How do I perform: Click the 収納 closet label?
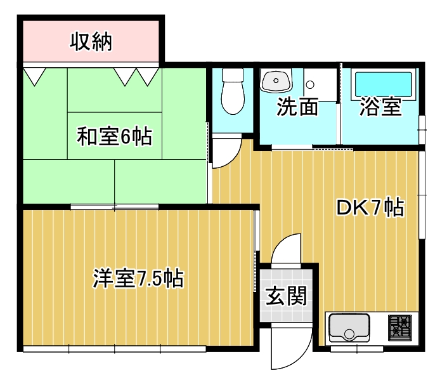(91, 42)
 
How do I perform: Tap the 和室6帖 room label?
(115, 136)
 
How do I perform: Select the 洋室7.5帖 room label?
(138, 278)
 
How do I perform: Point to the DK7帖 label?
(370, 207)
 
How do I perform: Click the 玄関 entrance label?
(286, 296)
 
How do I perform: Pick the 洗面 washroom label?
(297, 107)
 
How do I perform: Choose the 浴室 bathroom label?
(380, 107)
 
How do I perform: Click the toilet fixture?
(233, 91)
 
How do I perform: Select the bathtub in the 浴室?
(383, 84)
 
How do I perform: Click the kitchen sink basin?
(349, 327)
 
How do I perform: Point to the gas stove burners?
(400, 327)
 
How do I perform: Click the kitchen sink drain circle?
(349, 333)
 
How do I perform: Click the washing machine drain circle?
(310, 84)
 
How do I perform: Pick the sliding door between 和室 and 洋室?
(115, 207)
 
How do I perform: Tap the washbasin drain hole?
(276, 81)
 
